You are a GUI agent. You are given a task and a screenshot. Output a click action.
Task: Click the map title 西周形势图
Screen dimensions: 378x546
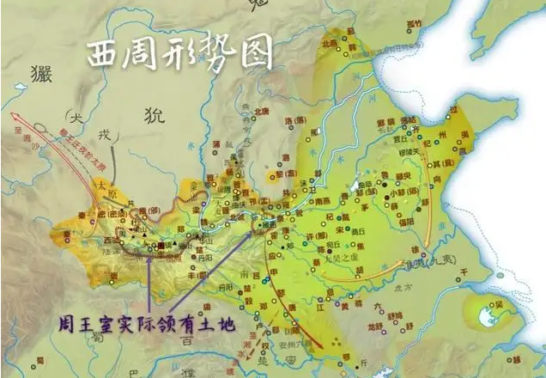point(180,54)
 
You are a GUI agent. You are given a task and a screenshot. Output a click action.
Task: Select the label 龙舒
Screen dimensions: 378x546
point(372,326)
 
